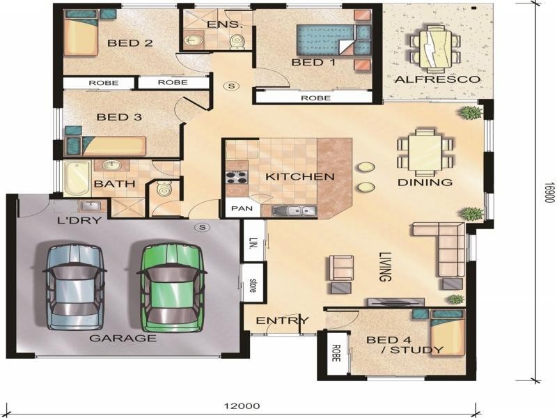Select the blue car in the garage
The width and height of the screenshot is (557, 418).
[x=75, y=286]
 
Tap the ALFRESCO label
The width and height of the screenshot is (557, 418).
[x=437, y=79]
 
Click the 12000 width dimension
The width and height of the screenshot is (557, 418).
[x=242, y=406]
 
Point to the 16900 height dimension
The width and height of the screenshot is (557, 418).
[x=550, y=193]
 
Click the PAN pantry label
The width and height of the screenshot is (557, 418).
[x=242, y=208]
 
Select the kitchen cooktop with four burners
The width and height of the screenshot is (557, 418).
[x=237, y=177]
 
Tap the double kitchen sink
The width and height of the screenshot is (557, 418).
[x=294, y=211]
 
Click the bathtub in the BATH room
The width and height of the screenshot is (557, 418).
[x=77, y=178]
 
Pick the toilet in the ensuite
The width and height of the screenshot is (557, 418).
[x=237, y=42]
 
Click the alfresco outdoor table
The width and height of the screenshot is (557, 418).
[x=435, y=49]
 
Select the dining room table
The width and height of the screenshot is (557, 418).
[x=425, y=152]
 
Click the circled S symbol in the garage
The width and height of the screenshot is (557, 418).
[x=203, y=227]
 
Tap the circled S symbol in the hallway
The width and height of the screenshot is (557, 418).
[x=232, y=86]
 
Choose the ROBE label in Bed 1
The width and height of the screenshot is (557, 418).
[x=315, y=98]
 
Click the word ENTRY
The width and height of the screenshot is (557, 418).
[x=283, y=320]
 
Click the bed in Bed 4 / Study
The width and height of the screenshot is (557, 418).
[x=448, y=332]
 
